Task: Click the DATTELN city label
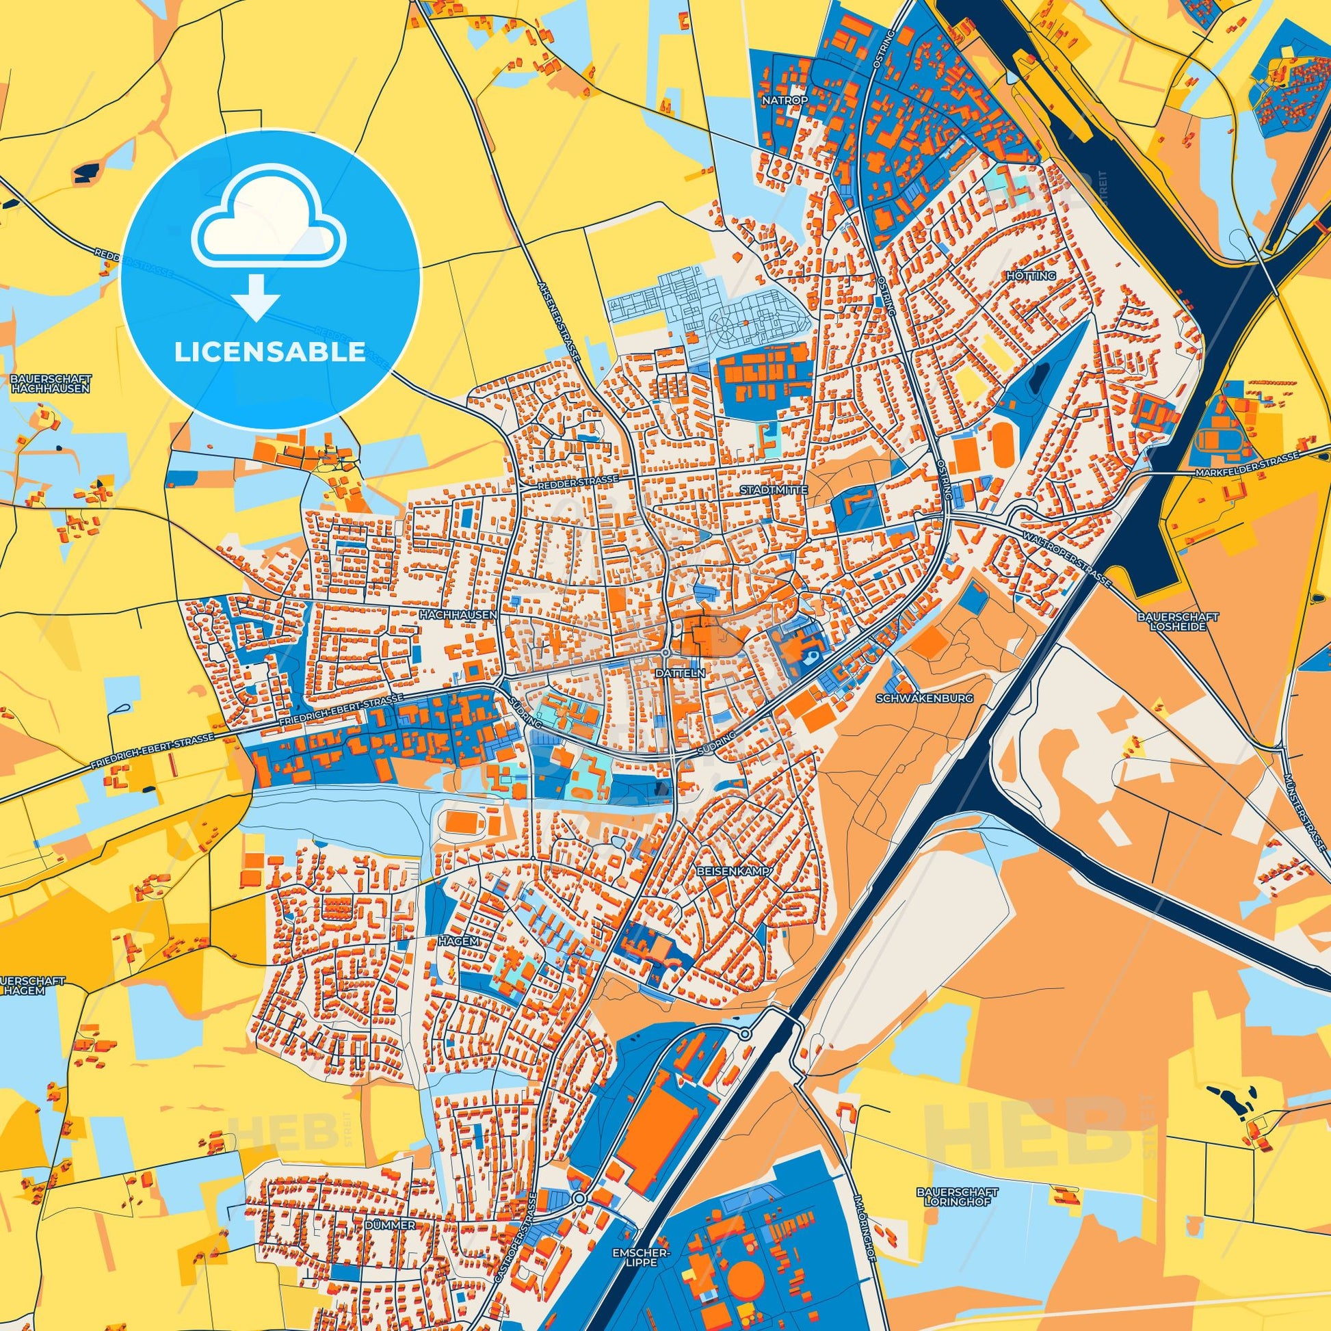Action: (x=681, y=674)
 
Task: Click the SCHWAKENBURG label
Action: (x=924, y=698)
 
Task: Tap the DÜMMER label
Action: (x=391, y=1187)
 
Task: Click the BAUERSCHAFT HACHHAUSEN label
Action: (x=51, y=384)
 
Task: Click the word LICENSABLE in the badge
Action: (x=269, y=352)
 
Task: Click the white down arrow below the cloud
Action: (x=256, y=297)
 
